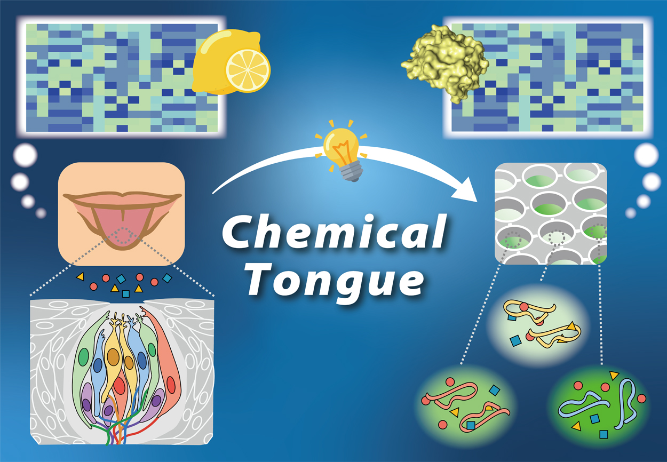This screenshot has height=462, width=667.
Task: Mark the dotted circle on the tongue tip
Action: (125, 236)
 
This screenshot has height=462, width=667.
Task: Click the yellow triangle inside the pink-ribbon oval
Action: (455, 412)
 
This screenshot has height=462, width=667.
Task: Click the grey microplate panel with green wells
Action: (550, 213)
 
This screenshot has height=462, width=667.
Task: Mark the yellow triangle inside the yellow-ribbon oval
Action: (572, 325)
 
